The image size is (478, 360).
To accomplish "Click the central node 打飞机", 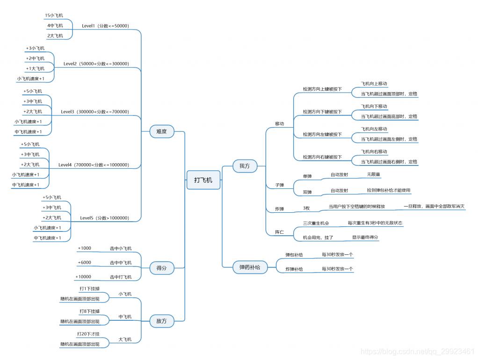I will tap(203, 180).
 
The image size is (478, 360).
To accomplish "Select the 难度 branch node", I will tap(161, 132).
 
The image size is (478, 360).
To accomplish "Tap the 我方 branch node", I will tap(245, 166).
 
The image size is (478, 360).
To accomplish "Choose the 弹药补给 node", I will tap(250, 267).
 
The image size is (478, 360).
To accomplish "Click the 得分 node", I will tap(161, 268).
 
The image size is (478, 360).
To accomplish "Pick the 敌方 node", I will tap(161, 321).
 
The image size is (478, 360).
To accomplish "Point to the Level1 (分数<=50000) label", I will tap(105, 26).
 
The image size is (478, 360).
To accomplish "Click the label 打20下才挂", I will tap(88, 334).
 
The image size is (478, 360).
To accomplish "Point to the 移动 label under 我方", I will tap(279, 123).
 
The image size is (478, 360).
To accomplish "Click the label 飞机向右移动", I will tap(374, 152).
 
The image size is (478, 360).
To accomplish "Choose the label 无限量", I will tap(373, 174).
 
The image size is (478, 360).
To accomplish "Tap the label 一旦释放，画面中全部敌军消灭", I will tap(434, 206).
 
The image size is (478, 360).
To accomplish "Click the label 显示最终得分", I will tap(365, 238).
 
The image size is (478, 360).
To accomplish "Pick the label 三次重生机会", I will tap(316, 223).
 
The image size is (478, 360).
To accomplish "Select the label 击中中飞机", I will tap(121, 262).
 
